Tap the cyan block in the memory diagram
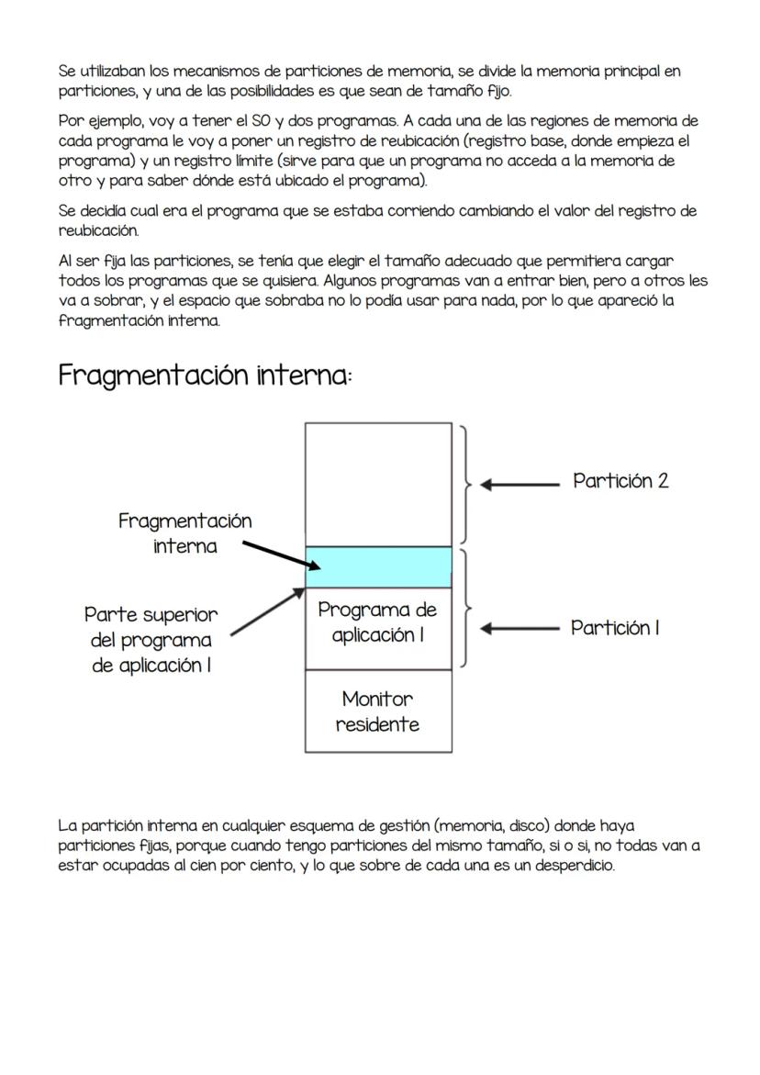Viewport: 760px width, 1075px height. point(378,567)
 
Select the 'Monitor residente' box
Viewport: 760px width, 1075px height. point(377,711)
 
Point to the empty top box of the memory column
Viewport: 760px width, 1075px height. point(378,484)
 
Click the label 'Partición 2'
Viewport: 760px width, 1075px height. point(620,481)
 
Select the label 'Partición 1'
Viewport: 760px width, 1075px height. point(615,629)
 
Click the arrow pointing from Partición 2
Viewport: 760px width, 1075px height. point(520,484)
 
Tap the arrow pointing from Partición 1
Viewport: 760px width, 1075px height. point(520,629)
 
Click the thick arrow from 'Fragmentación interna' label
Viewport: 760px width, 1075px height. point(274,555)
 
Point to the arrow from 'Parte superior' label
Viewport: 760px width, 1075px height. point(267,611)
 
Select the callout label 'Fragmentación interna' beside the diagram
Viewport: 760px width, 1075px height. point(184,533)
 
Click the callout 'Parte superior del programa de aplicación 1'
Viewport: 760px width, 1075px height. point(151,640)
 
